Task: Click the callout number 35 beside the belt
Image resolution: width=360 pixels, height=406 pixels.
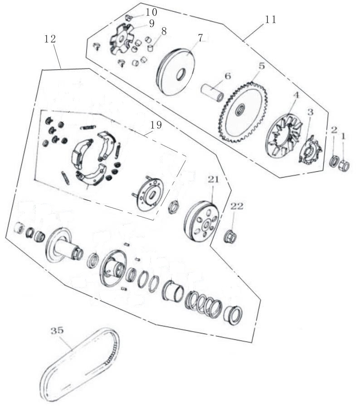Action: tap(57, 331)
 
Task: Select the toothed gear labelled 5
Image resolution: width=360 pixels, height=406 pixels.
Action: tap(243, 112)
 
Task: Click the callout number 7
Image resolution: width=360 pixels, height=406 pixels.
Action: tap(200, 38)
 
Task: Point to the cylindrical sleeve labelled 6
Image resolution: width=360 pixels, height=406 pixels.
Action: tap(212, 93)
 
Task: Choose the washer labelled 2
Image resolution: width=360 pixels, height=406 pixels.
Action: tap(334, 162)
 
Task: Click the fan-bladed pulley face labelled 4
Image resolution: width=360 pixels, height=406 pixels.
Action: tap(285, 135)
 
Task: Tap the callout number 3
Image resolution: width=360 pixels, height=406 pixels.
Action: tap(310, 112)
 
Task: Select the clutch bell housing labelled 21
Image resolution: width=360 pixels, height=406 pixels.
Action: tap(202, 222)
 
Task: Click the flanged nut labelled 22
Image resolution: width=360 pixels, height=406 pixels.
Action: tap(230, 236)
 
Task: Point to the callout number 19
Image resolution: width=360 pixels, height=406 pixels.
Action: tap(156, 125)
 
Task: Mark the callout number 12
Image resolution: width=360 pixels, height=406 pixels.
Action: tap(50, 39)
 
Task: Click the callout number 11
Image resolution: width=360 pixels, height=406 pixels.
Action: tap(270, 19)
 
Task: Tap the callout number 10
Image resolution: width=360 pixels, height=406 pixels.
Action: tap(151, 12)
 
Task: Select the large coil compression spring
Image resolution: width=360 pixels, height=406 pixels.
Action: tap(204, 304)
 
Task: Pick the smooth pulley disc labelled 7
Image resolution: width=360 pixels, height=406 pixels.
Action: tap(176, 72)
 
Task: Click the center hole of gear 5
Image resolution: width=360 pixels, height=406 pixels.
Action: tap(240, 109)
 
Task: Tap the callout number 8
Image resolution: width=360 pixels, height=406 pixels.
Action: tap(163, 31)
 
